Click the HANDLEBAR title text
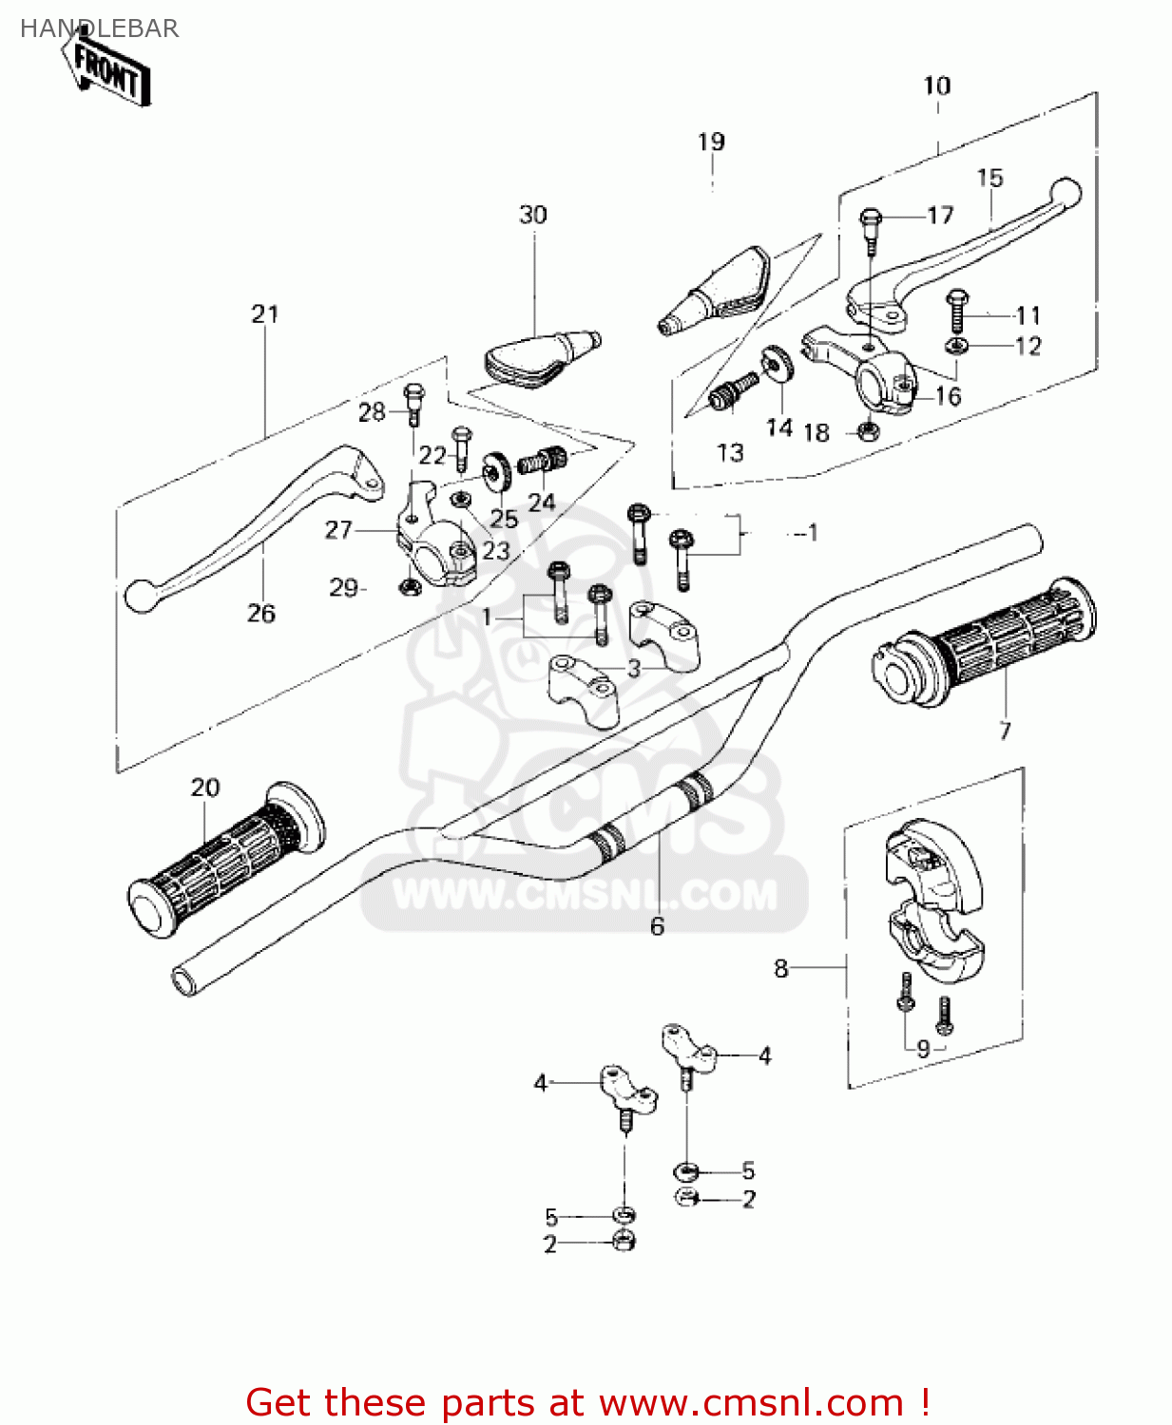[99, 28]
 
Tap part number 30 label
[532, 216]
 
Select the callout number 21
[265, 314]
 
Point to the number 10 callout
[936, 86]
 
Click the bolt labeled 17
[871, 224]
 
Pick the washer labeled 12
[956, 346]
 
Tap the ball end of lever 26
[140, 596]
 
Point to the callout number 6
[657, 926]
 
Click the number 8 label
[781, 968]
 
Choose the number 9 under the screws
[923, 1049]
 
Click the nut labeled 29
[410, 588]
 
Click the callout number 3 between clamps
[634, 668]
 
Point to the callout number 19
[711, 142]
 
